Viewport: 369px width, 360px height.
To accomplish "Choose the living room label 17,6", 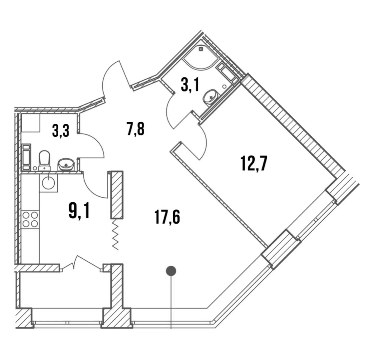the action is point(167,217).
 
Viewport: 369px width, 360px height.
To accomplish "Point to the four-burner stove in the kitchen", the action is point(30,219).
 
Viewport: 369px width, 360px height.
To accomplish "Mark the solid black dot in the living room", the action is point(171,270).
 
